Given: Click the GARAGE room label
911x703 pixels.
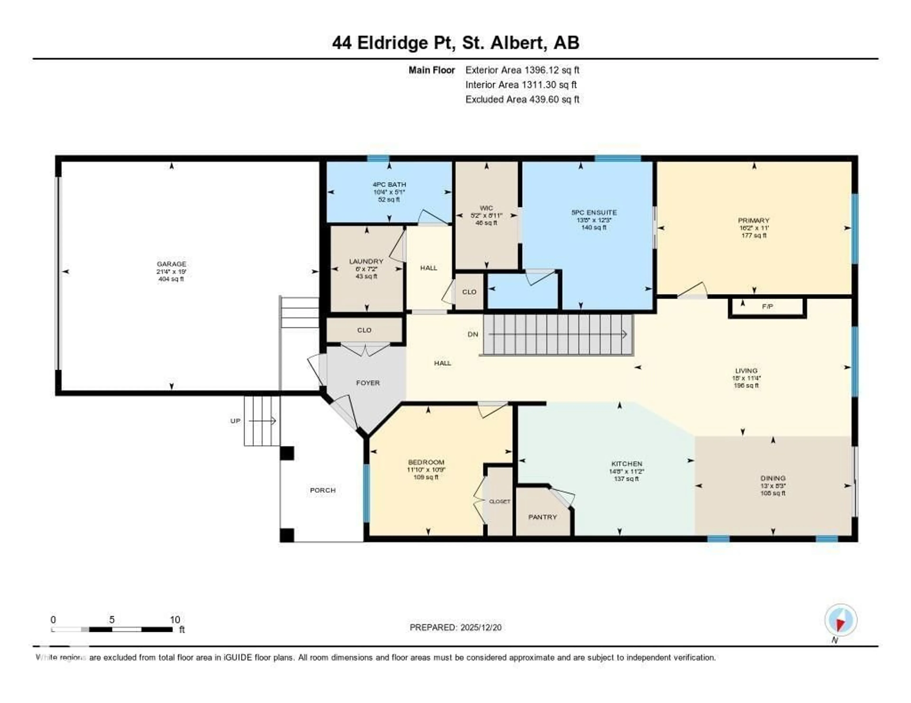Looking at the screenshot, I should point(172,264).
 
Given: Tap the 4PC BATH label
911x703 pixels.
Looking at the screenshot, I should point(389,184).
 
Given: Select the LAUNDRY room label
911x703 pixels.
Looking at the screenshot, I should point(366,261).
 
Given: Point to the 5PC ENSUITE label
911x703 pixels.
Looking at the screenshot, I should point(594,212).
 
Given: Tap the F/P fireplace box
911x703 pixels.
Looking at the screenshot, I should point(767,307).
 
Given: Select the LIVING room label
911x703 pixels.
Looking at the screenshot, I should point(746,370).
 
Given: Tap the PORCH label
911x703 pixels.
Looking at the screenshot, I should point(322,490).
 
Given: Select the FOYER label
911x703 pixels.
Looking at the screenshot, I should point(367,383).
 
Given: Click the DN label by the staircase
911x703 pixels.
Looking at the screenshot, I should point(473,334).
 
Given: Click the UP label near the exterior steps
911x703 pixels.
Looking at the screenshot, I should point(235,421).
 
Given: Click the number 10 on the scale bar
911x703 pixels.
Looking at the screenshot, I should point(175,620).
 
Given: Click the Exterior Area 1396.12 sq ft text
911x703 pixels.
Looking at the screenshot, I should point(522,70).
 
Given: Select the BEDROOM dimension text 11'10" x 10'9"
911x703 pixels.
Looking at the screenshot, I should point(426,470).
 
